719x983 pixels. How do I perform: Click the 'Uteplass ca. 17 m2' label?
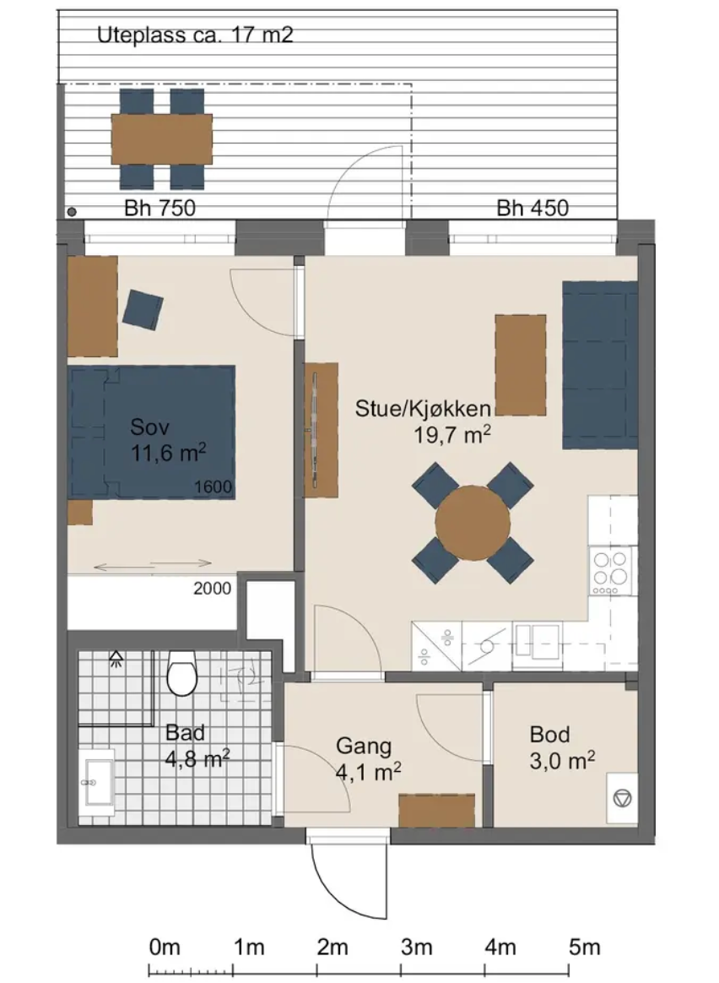pyautogui.click(x=195, y=35)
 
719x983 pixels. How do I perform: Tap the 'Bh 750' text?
pyautogui.click(x=159, y=208)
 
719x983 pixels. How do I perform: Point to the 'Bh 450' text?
pyautogui.click(x=532, y=208)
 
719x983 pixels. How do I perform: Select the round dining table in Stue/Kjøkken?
pyautogui.click(x=473, y=523)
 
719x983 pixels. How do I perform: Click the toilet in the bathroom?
pyautogui.click(x=182, y=673)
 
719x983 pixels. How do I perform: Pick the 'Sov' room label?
pyautogui.click(x=149, y=427)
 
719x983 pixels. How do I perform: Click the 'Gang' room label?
pyautogui.click(x=364, y=746)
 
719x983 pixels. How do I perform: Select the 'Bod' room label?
pyautogui.click(x=550, y=734)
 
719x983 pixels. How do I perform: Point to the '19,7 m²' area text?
pyautogui.click(x=451, y=434)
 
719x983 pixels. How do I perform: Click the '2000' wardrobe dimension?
pyautogui.click(x=213, y=588)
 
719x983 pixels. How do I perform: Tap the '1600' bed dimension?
pyautogui.click(x=213, y=486)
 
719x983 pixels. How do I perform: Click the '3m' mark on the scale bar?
pyautogui.click(x=417, y=948)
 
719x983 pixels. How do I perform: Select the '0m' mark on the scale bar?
pyautogui.click(x=165, y=948)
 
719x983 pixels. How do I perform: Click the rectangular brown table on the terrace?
pyautogui.click(x=161, y=138)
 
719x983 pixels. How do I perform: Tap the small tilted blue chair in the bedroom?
pyautogui.click(x=143, y=310)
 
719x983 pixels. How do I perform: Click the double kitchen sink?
pyautogui.click(x=537, y=641)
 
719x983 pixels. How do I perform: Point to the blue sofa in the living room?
pyautogui.click(x=600, y=365)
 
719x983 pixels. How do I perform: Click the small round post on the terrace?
pyautogui.click(x=72, y=212)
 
